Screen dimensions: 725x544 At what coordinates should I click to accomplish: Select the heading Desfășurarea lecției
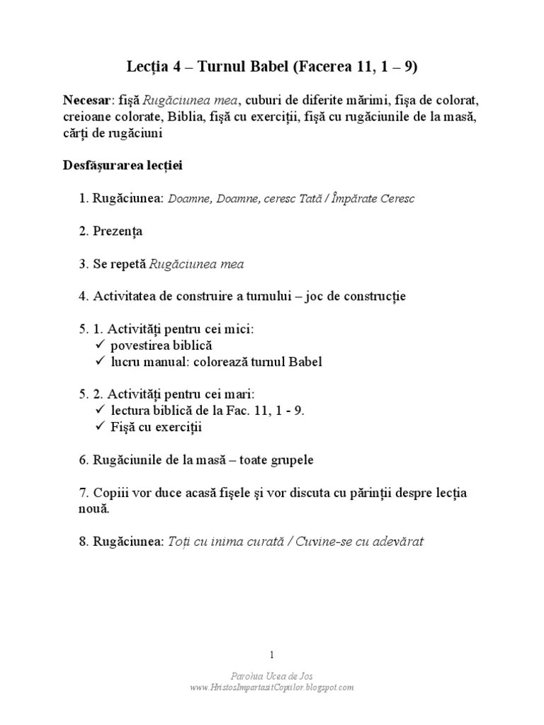(123, 166)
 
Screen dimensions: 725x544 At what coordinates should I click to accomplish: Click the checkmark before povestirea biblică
(99, 346)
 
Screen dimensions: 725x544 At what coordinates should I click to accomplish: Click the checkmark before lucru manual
(99, 362)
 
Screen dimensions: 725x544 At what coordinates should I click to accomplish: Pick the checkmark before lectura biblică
(99, 411)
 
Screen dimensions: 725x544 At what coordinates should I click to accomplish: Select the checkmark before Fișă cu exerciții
(99, 427)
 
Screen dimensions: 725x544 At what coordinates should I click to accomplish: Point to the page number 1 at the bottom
(272, 654)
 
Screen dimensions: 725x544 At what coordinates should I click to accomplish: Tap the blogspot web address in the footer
(272, 687)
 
